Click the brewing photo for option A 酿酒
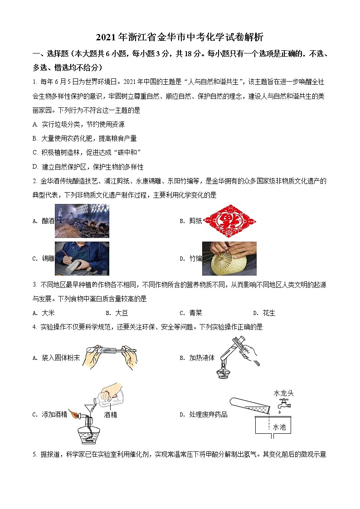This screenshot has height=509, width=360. (82, 221)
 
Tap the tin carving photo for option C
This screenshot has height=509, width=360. (82, 258)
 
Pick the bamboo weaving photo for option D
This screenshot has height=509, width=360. (229, 258)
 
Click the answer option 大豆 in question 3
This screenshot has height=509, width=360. (121, 313)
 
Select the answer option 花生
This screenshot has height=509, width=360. (269, 313)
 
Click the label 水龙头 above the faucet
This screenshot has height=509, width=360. (283, 393)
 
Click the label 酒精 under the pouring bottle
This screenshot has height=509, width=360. (110, 414)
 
